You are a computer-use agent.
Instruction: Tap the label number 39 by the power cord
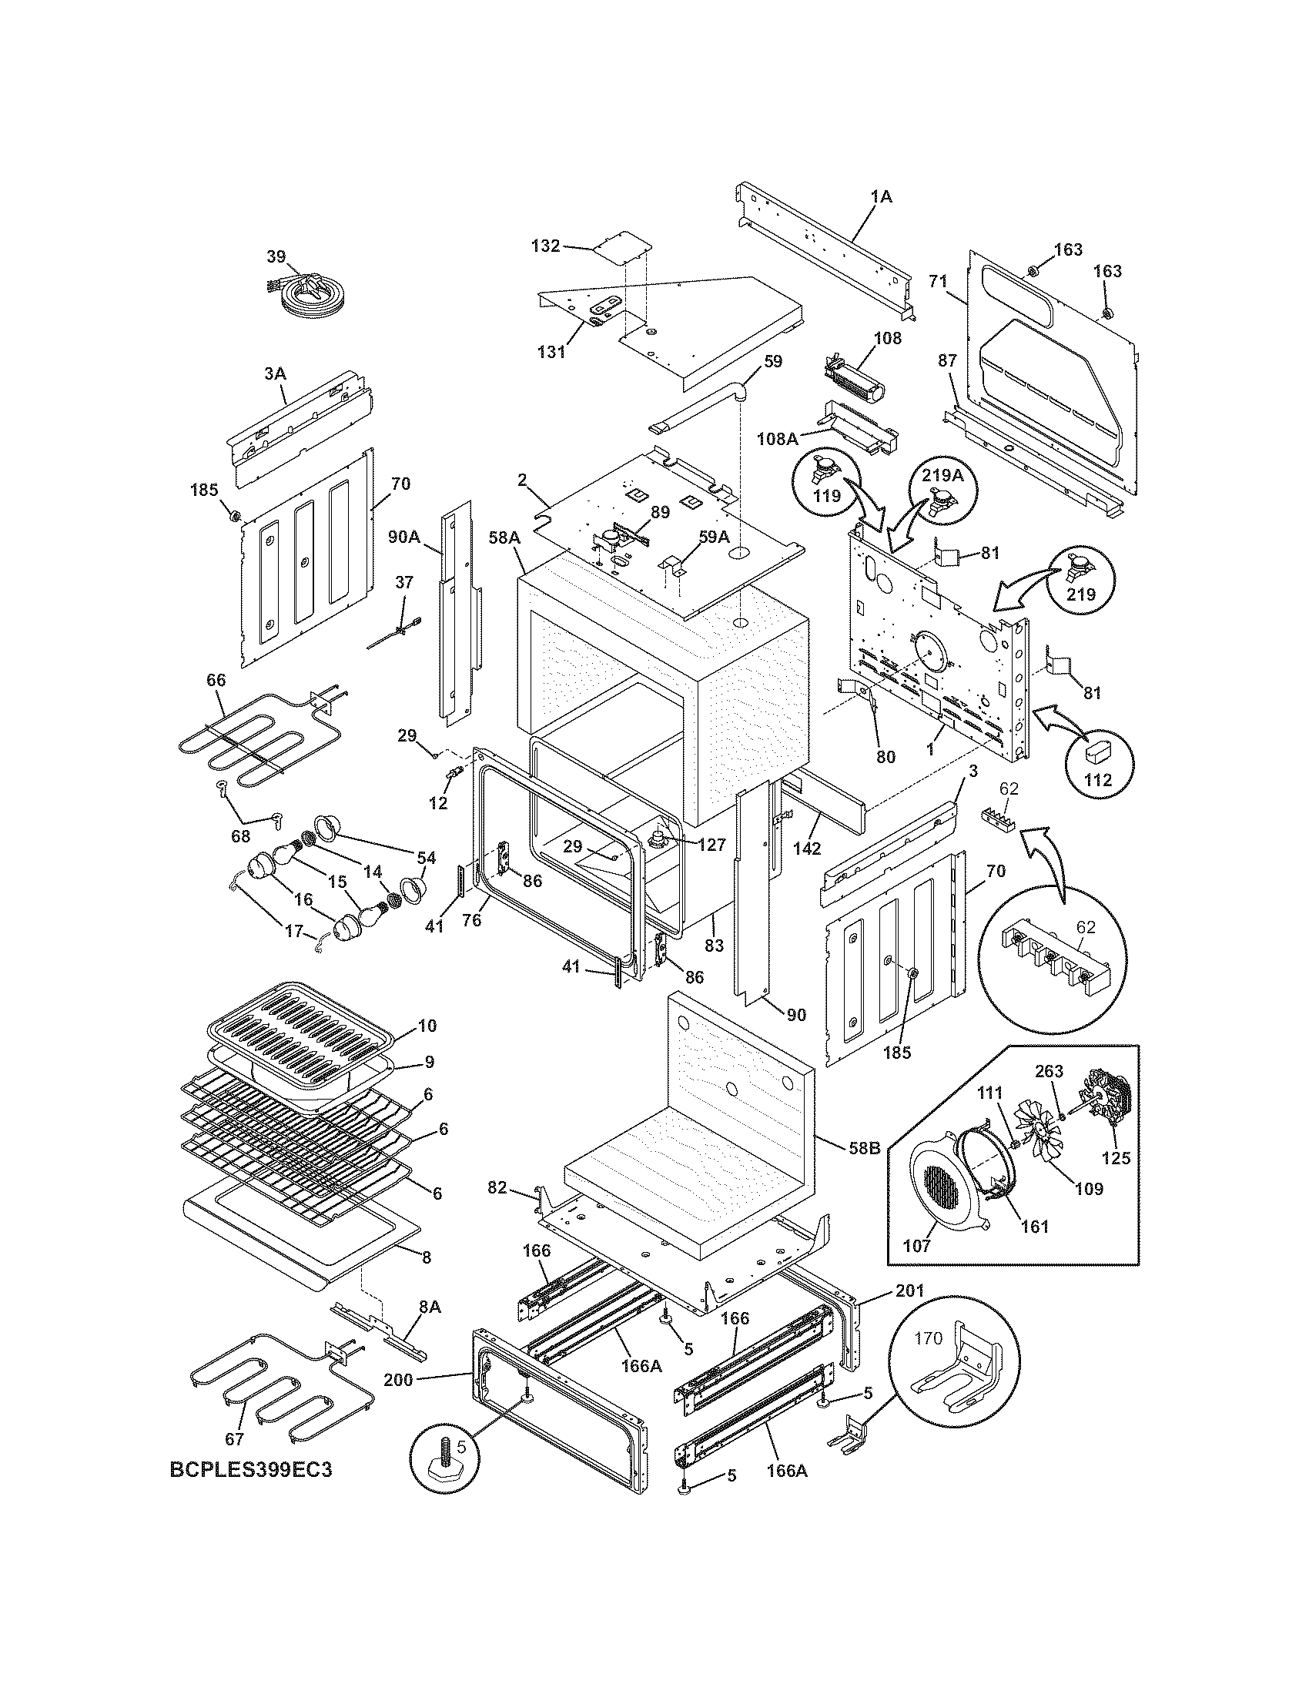pyautogui.click(x=276, y=256)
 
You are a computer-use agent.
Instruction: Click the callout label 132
pyautogui.click(x=545, y=246)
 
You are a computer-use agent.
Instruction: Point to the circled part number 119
pyautogui.click(x=827, y=497)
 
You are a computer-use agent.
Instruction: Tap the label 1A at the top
pyautogui.click(x=881, y=197)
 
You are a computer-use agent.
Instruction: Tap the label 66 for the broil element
pyautogui.click(x=216, y=680)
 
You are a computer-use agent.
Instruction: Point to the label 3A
pyautogui.click(x=275, y=374)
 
